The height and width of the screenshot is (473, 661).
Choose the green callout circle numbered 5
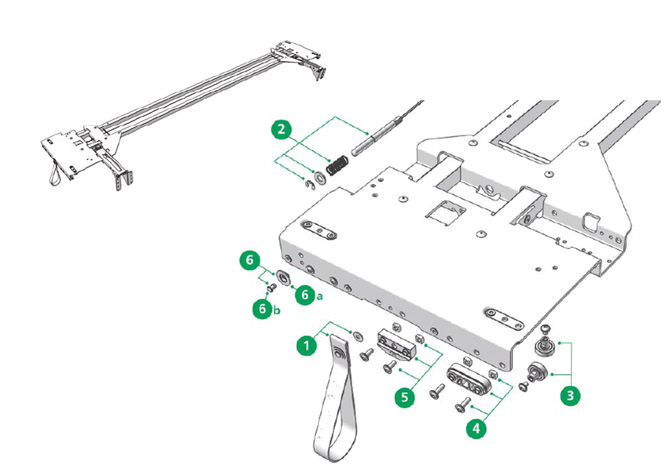pos(404,397)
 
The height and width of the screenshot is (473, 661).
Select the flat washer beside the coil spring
pos(320,176)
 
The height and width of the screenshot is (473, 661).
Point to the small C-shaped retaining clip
pos(309,185)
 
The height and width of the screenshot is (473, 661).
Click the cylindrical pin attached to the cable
pos(377,135)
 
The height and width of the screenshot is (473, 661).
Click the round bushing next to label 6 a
pos(284,278)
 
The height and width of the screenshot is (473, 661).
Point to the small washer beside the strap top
pos(358,337)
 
